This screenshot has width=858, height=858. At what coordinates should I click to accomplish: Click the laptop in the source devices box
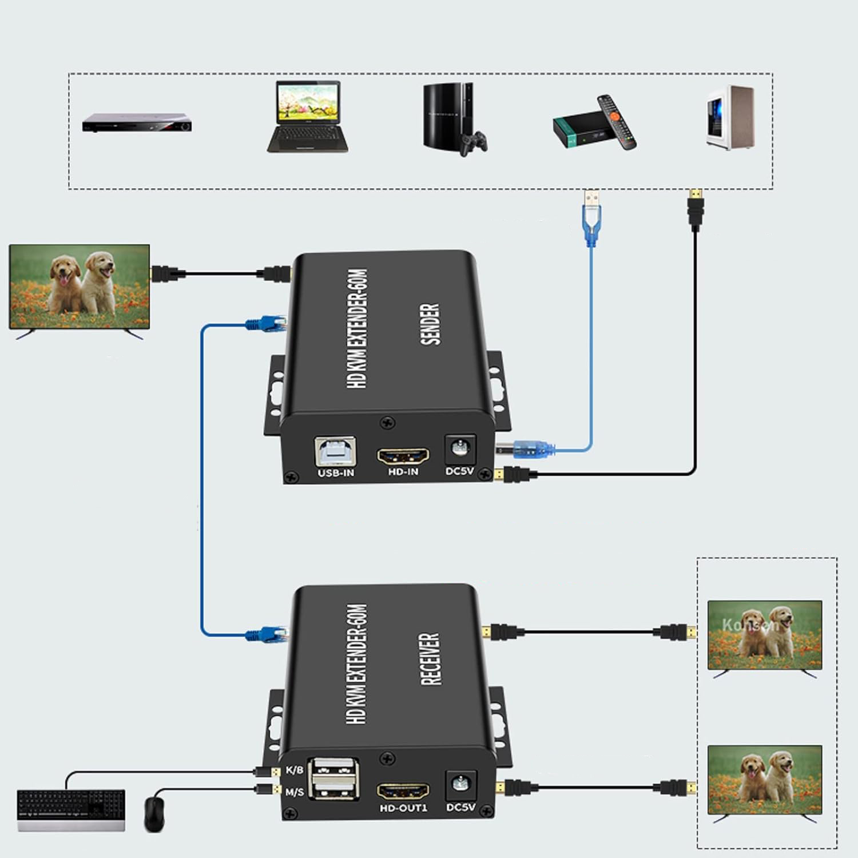tap(308, 117)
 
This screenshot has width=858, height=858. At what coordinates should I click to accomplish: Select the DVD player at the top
tap(137, 122)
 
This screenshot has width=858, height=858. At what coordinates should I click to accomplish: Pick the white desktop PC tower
tap(729, 117)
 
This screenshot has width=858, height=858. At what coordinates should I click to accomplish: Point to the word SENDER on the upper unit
tap(430, 324)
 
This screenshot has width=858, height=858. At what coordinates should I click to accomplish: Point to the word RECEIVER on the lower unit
tap(430, 658)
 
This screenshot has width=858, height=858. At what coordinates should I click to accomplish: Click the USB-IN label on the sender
tap(336, 473)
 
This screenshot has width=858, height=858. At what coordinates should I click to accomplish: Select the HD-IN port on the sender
tap(403, 456)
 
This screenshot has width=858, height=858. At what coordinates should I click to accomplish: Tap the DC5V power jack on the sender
tap(459, 448)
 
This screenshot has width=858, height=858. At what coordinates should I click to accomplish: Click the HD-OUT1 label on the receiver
tap(403, 808)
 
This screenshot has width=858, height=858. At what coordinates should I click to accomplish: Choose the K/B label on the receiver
tap(294, 770)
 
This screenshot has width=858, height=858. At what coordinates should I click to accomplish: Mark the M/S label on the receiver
tap(294, 792)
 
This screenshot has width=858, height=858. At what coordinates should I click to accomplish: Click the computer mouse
tap(154, 814)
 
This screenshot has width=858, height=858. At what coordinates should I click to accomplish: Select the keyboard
tap(71, 809)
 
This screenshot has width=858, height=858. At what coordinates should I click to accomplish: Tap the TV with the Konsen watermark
tap(764, 635)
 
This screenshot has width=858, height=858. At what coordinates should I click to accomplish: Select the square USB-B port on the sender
tap(336, 452)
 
